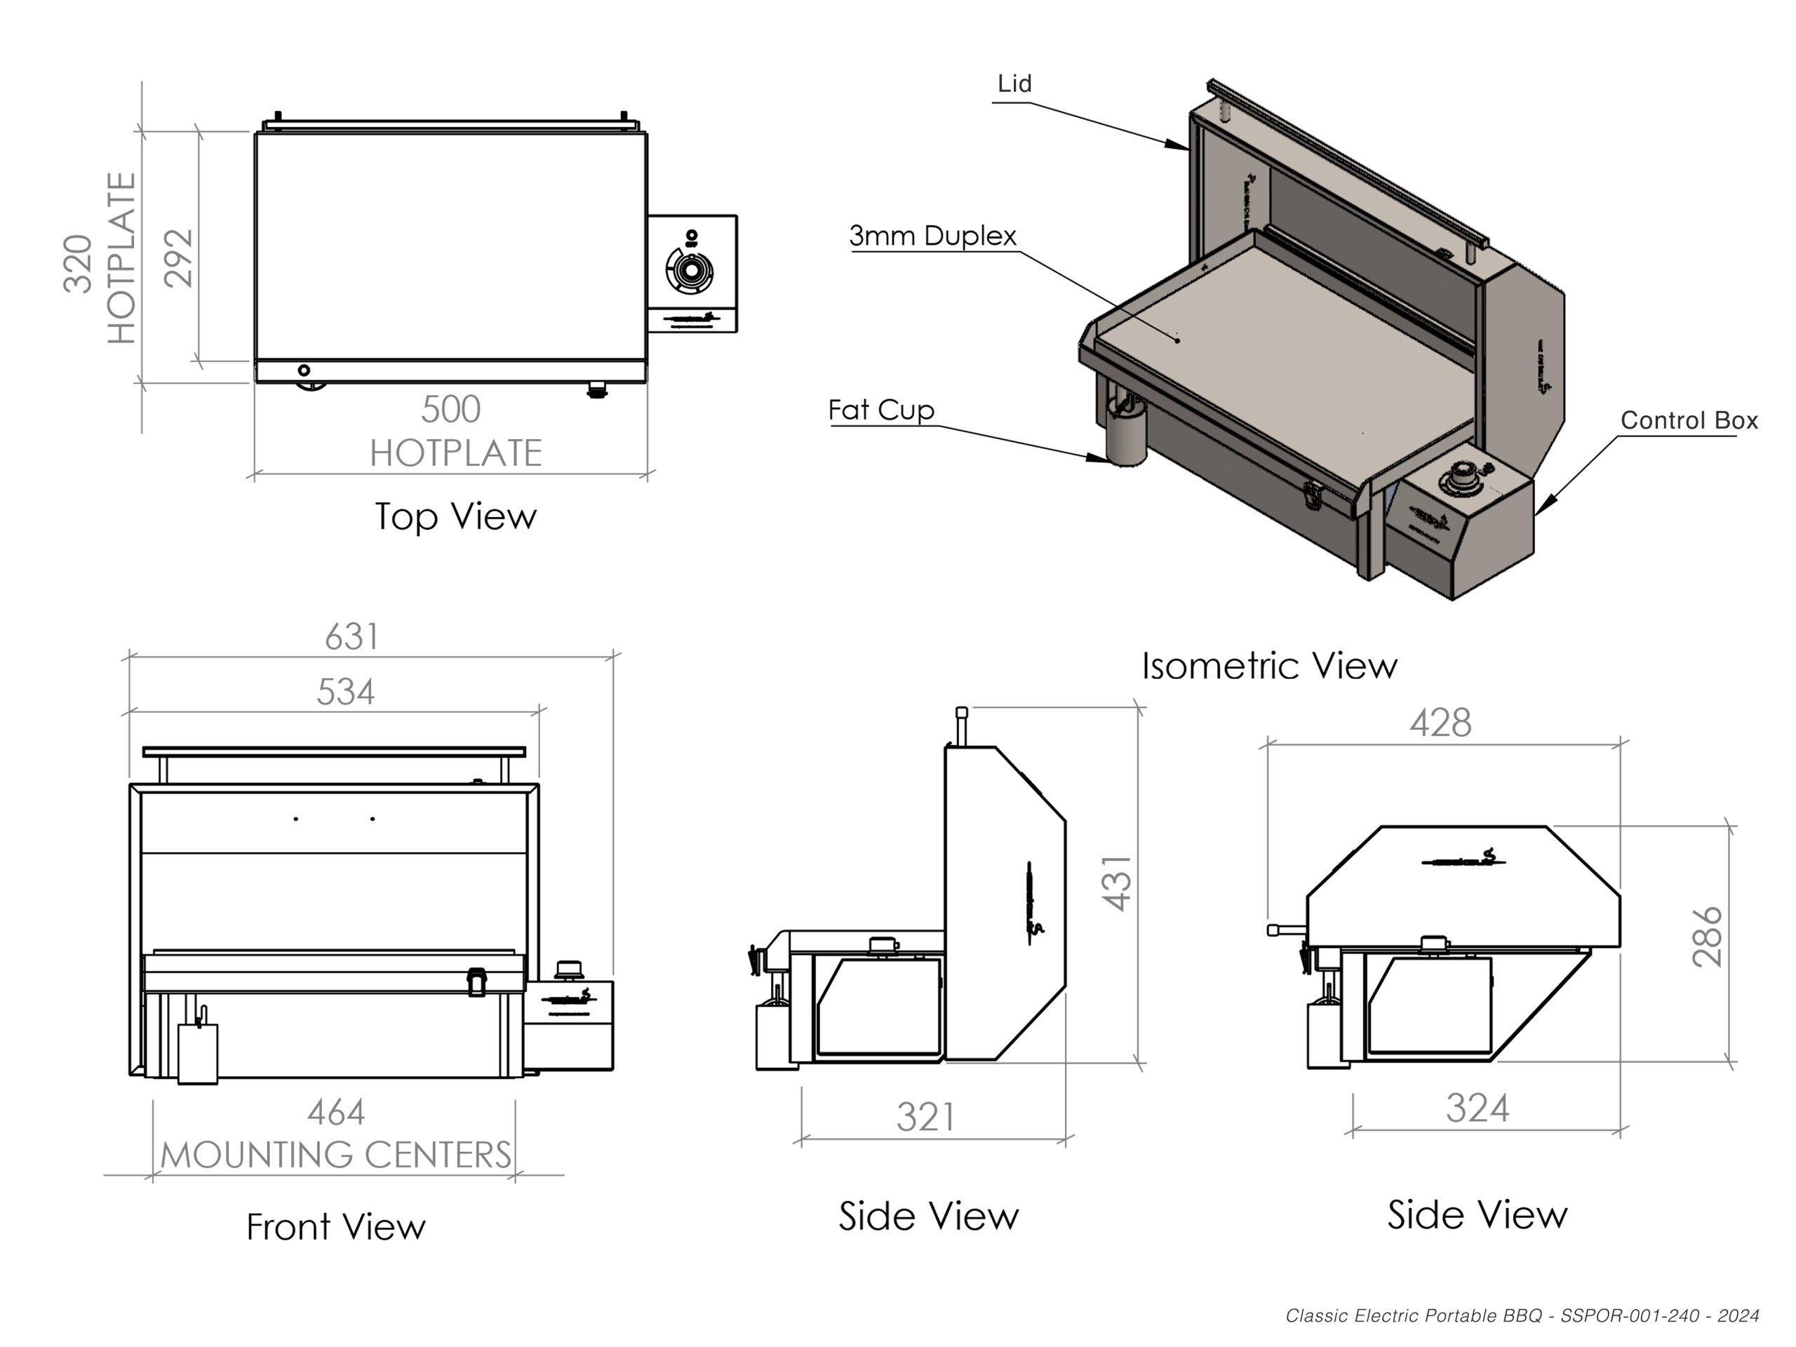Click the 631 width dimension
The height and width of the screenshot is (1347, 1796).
coord(351,637)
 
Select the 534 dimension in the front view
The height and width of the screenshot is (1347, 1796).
coord(345,692)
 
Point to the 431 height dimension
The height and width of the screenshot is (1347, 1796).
coord(1117,883)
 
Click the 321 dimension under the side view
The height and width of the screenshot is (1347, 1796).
coord(925,1117)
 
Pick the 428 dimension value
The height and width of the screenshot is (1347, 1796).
coord(1440,723)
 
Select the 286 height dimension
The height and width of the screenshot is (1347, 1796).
coord(1708,937)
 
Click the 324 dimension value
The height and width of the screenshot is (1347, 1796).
coord(1477,1108)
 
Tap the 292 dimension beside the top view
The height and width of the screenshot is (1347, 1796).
coord(179,258)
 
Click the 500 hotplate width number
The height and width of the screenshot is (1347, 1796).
coord(450,410)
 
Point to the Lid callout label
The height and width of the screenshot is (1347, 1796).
coord(1014,83)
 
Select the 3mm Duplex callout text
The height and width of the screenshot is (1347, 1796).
coord(933,236)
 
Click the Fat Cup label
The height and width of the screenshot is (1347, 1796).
coord(881,410)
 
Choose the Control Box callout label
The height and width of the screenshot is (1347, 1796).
coord(1689,420)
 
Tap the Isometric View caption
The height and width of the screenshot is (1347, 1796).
coord(1269,666)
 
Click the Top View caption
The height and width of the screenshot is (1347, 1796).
coord(455,517)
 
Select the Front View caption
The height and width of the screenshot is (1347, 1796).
coord(335,1227)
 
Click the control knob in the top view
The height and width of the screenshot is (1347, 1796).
coord(690,269)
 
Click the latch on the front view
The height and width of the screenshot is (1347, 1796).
coord(476,981)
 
